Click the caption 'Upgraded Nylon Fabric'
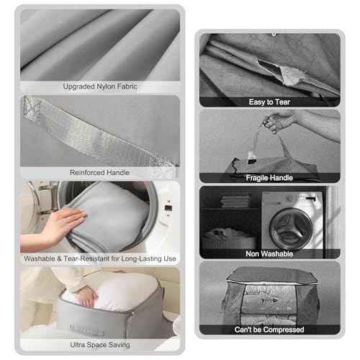[x=99, y=86]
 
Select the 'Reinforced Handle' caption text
[x=99, y=173]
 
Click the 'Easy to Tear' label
[x=269, y=102]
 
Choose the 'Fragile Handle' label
[x=269, y=177]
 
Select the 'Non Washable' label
[x=269, y=253]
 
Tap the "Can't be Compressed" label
[x=269, y=329]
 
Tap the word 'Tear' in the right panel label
[x=284, y=102]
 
